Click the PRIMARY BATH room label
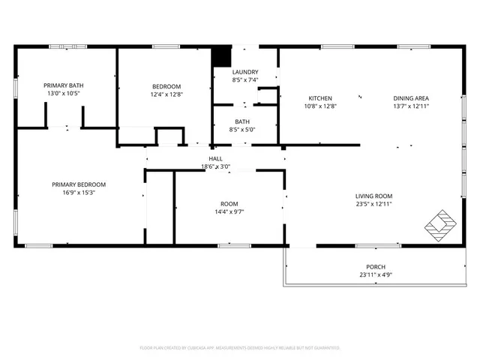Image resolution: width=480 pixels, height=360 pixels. tap(63, 85)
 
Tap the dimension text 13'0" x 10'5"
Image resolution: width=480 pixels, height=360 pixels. tap(63, 94)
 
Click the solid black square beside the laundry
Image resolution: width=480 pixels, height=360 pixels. tap(221, 57)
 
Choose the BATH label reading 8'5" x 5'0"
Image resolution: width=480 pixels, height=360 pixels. tap(242, 121)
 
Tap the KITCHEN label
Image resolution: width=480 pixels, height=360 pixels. tap(320, 98)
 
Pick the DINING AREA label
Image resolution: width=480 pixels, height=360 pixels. tap(411, 98)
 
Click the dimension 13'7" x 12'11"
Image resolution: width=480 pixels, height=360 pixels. tap(411, 106)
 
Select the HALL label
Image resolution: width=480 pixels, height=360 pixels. tap(215, 158)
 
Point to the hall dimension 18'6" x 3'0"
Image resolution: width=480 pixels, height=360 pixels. tap(215, 166)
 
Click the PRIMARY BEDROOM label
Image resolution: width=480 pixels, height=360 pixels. tap(78, 184)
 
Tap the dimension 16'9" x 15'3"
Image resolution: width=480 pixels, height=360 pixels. tap(78, 193)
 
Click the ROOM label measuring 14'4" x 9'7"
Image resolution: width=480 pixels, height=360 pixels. tap(229, 203)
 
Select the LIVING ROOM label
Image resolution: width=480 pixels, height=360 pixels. tap(373, 196)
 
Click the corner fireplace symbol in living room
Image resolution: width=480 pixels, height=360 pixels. tap(439, 223)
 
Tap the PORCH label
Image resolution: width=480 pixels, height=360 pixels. tap(375, 267)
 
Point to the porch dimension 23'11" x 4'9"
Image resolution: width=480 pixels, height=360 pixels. tap(375, 275)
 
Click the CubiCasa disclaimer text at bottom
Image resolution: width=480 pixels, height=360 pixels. tap(240, 348)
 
